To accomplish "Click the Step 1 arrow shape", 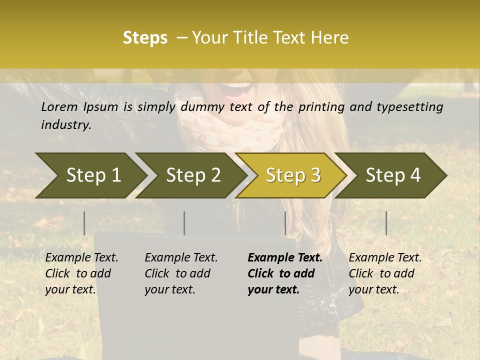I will [x=92, y=175].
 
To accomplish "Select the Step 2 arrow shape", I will [x=192, y=175].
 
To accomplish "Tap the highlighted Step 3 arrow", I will [x=292, y=175].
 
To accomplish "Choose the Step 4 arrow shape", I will [x=392, y=175].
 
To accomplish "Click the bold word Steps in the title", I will [x=145, y=38].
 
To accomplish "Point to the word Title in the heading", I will [x=246, y=38].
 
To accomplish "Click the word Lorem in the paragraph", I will [x=59, y=106].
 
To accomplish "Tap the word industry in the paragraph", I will [x=66, y=125].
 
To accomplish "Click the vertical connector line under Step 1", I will [x=84, y=223].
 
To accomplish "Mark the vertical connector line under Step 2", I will [x=184, y=223].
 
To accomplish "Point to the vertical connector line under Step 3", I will [x=285, y=223].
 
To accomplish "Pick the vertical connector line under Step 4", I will [x=386, y=223].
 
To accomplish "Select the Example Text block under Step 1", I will [x=81, y=273].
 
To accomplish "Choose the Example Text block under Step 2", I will [x=181, y=273].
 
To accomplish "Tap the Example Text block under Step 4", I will [x=385, y=273].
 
